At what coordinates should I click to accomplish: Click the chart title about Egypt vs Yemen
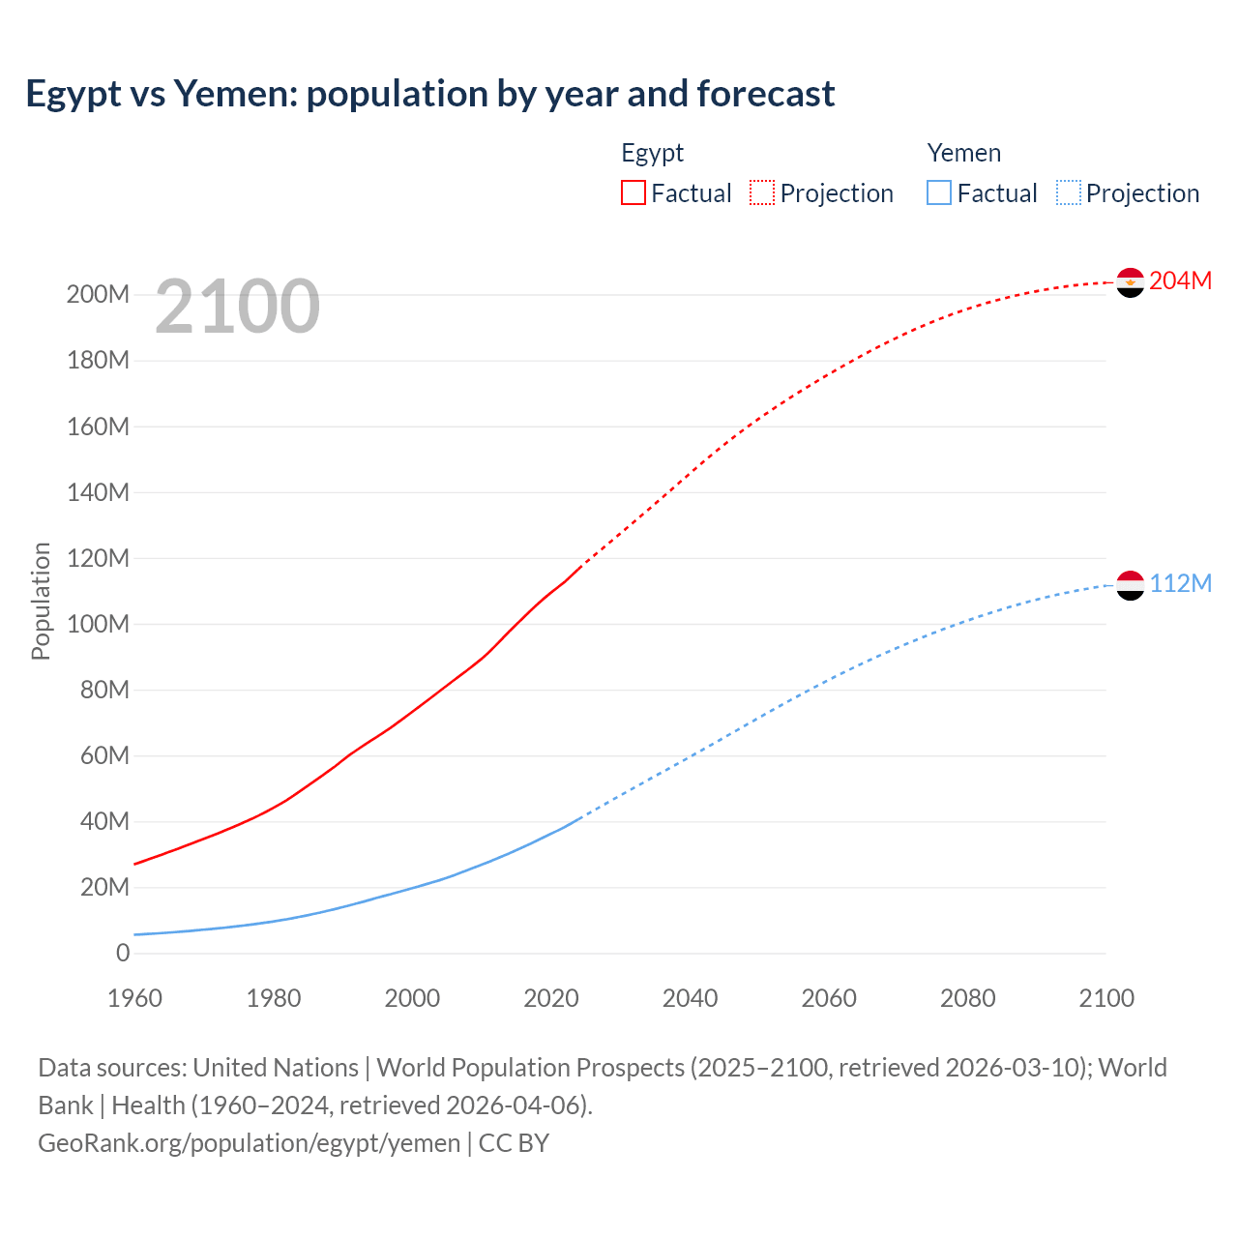pyautogui.click(x=430, y=94)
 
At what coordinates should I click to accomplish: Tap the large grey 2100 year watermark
pyautogui.click(x=237, y=307)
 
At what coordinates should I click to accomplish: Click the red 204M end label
pyautogui.click(x=1180, y=280)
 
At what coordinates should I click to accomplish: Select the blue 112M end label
pyautogui.click(x=1180, y=583)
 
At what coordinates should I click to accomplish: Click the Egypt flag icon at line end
pyautogui.click(x=1131, y=282)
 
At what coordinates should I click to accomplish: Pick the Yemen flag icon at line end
pyautogui.click(x=1131, y=585)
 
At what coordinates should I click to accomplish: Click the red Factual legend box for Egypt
pyautogui.click(x=634, y=192)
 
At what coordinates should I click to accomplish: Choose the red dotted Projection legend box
pyautogui.click(x=762, y=192)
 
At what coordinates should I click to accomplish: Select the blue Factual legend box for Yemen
pyautogui.click(x=939, y=192)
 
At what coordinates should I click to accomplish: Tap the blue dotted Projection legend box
pyautogui.click(x=1069, y=192)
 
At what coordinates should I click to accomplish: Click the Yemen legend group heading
pyautogui.click(x=964, y=153)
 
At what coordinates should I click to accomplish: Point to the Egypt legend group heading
pyautogui.click(x=653, y=153)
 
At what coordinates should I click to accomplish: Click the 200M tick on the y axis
pyautogui.click(x=98, y=295)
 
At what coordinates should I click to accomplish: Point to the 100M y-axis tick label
pyautogui.click(x=98, y=624)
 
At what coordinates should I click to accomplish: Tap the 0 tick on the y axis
pyautogui.click(x=123, y=953)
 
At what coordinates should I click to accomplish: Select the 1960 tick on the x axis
pyautogui.click(x=135, y=998)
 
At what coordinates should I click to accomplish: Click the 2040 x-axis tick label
pyautogui.click(x=691, y=998)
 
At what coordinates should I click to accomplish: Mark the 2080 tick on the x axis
pyautogui.click(x=968, y=998)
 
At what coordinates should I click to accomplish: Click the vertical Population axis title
pyautogui.click(x=41, y=601)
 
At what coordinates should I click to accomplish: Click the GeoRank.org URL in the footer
pyautogui.click(x=250, y=1143)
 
